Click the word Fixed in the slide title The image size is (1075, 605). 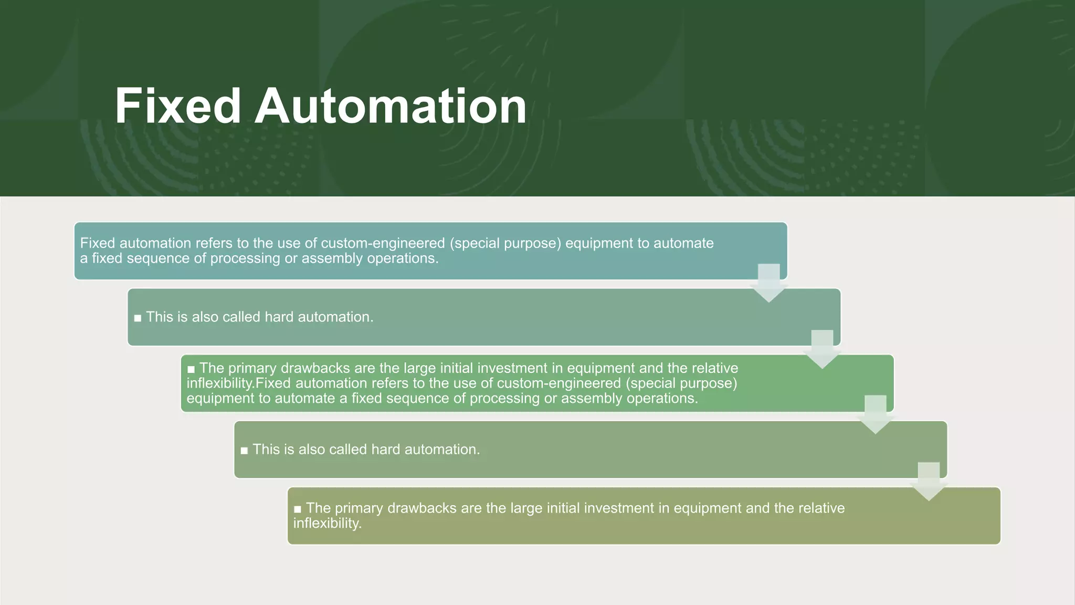pos(177,106)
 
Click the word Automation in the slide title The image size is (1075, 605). pos(391,106)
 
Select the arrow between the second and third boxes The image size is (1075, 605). pos(822,349)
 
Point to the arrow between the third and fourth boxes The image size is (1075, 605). pos(875,414)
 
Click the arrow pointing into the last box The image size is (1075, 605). pos(929,481)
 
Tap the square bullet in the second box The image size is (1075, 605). pos(138,318)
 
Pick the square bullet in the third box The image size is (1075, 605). pos(191,369)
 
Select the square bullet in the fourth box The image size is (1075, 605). pos(244,451)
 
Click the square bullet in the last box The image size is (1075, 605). pos(298,509)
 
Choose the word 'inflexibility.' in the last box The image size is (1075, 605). pos(327,524)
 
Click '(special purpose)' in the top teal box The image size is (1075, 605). pos(505,243)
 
